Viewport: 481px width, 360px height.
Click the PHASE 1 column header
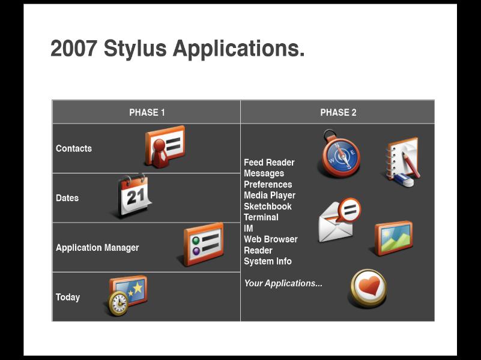pyautogui.click(x=147, y=112)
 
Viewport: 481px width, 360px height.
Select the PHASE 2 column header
pyautogui.click(x=338, y=112)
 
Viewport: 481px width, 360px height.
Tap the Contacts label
pyautogui.click(x=74, y=148)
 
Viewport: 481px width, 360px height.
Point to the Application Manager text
pyautogui.click(x=97, y=248)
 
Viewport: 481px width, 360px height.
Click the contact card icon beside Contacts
pyautogui.click(x=165, y=146)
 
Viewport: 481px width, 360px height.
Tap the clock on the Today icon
pyautogui.click(x=118, y=304)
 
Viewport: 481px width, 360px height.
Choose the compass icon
pyautogui.click(x=340, y=154)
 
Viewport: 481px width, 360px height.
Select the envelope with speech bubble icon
pyautogui.click(x=339, y=220)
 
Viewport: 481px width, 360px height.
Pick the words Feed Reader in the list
pyautogui.click(x=269, y=163)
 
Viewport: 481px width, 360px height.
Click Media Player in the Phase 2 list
pyautogui.click(x=270, y=196)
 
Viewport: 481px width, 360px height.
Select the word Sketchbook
pyautogui.click(x=267, y=206)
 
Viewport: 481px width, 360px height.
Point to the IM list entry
pyautogui.click(x=249, y=229)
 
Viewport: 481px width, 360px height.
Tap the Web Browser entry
pyautogui.click(x=271, y=239)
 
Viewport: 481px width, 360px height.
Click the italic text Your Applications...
pyautogui.click(x=283, y=283)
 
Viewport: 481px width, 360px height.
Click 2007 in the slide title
pyautogui.click(x=74, y=49)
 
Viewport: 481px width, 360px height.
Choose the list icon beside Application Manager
pyautogui.click(x=204, y=244)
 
